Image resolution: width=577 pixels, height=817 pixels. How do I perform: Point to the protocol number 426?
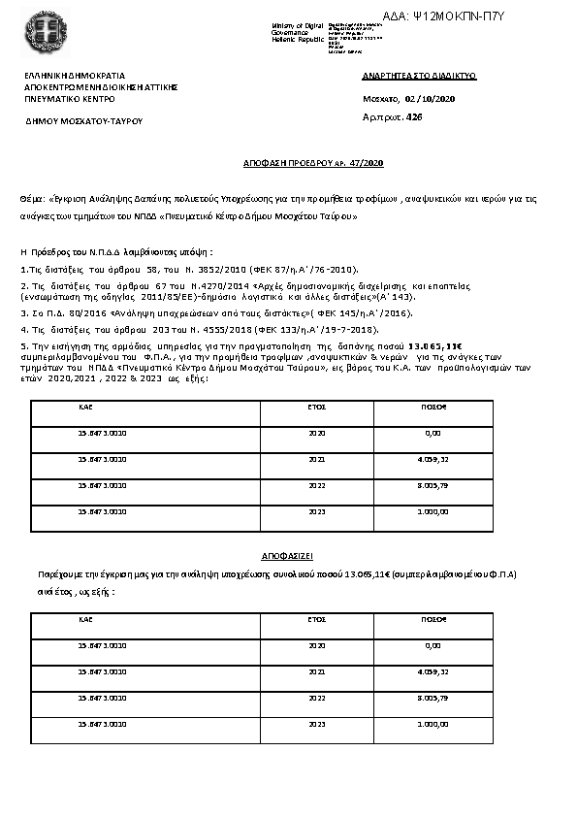click(414, 116)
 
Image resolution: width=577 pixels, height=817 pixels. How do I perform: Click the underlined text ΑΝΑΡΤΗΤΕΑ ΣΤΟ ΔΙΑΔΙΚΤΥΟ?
click(420, 75)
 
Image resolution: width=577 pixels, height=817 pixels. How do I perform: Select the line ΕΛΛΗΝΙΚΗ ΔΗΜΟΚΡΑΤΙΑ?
click(75, 75)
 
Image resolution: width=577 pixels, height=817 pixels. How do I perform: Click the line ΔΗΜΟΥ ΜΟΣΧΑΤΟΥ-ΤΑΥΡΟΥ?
click(84, 121)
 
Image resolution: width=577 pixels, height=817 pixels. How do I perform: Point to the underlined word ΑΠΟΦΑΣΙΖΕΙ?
click(288, 560)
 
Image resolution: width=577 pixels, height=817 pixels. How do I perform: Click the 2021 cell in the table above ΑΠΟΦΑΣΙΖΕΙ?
click(316, 459)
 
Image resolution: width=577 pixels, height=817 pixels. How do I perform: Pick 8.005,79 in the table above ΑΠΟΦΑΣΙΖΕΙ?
click(433, 484)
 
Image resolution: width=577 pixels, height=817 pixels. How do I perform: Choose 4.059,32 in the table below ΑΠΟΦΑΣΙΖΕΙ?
click(433, 670)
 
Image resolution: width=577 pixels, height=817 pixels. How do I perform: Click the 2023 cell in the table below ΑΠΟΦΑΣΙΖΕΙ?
click(316, 723)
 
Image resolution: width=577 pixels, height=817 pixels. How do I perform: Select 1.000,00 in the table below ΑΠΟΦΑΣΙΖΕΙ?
click(433, 723)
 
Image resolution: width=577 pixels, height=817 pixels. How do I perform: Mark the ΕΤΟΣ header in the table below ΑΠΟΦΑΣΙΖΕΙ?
click(316, 618)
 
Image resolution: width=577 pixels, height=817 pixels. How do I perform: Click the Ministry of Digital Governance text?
click(296, 30)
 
